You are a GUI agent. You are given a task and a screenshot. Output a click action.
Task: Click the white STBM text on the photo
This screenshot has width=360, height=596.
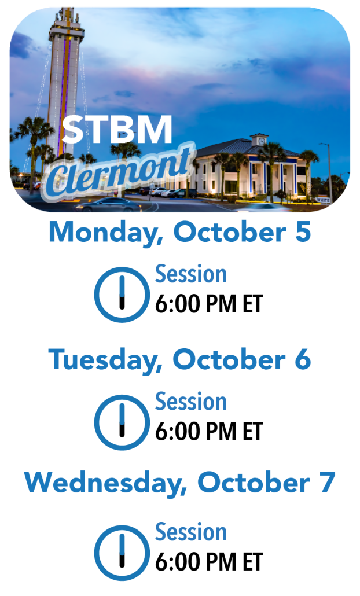click(x=117, y=129)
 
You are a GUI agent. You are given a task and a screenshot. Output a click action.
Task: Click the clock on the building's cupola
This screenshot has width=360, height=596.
click(x=262, y=141)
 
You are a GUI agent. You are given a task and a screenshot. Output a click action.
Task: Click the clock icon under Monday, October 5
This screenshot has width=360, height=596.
click(x=122, y=295)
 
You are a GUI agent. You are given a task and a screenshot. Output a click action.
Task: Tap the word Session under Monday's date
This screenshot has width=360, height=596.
click(x=191, y=274)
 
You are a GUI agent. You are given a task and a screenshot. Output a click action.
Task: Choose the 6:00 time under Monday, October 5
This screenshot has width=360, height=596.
click(x=177, y=304)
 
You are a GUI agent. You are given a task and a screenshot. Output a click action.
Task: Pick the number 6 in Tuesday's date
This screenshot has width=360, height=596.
click(x=303, y=359)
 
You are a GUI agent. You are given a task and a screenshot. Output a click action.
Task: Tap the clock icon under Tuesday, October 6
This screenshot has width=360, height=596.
click(x=122, y=422)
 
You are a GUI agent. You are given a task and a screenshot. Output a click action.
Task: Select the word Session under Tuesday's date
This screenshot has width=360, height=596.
click(x=191, y=402)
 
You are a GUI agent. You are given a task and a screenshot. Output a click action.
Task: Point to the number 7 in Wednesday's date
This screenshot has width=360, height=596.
click(x=328, y=481)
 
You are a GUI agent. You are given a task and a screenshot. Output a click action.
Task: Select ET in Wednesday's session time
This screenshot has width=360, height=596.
click(x=253, y=562)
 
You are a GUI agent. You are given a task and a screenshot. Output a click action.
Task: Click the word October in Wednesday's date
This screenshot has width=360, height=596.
click(x=254, y=482)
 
